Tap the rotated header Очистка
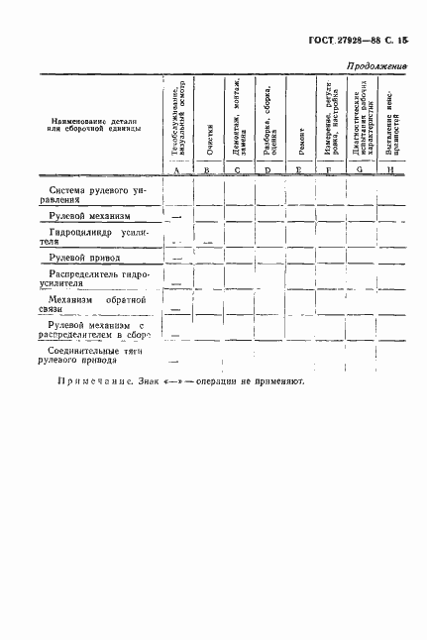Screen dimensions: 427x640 click(209, 139)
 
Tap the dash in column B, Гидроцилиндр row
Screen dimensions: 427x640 click(207, 242)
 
